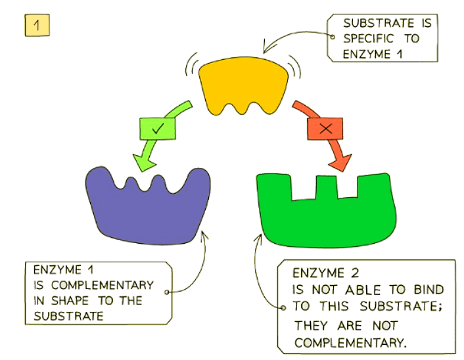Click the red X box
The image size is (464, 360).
click(325, 129)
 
